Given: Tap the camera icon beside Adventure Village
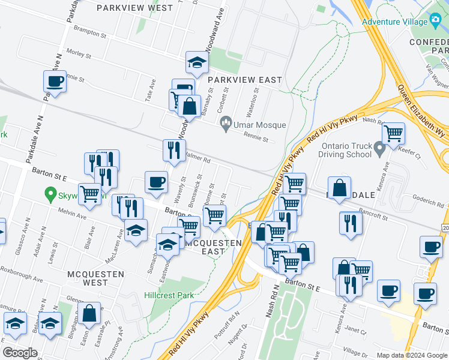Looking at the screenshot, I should (x=436, y=20).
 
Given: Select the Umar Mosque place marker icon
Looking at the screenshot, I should (x=226, y=125).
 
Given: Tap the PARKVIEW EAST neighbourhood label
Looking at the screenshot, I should (x=244, y=80).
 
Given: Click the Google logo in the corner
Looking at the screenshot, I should (x=19, y=353).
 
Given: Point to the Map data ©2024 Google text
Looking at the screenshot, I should (x=411, y=355).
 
